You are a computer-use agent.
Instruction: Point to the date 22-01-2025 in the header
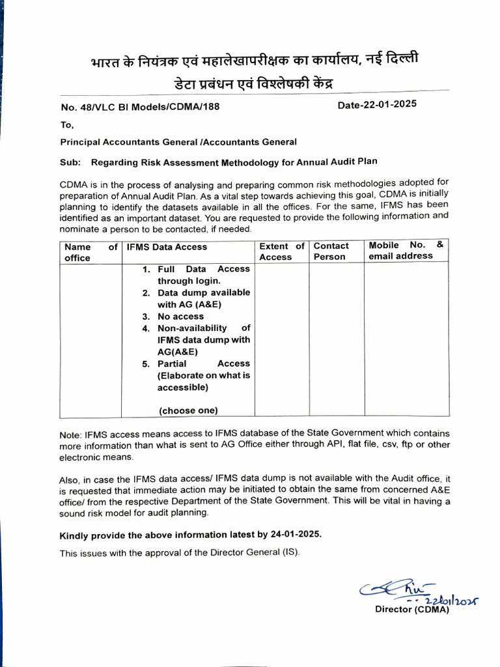378,104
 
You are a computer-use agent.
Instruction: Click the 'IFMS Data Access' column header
167,247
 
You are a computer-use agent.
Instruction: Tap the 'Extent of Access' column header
281,251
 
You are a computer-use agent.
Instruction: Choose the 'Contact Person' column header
331,251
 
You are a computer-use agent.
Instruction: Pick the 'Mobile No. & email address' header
406,250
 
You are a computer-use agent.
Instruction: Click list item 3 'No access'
180,317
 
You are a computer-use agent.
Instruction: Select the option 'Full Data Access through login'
202,275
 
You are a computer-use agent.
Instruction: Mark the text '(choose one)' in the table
189,410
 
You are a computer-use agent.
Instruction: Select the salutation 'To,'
68,125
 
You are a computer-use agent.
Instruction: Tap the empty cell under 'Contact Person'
336,339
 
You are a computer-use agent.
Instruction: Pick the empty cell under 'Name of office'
90,339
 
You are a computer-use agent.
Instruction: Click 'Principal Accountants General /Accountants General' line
178,142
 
